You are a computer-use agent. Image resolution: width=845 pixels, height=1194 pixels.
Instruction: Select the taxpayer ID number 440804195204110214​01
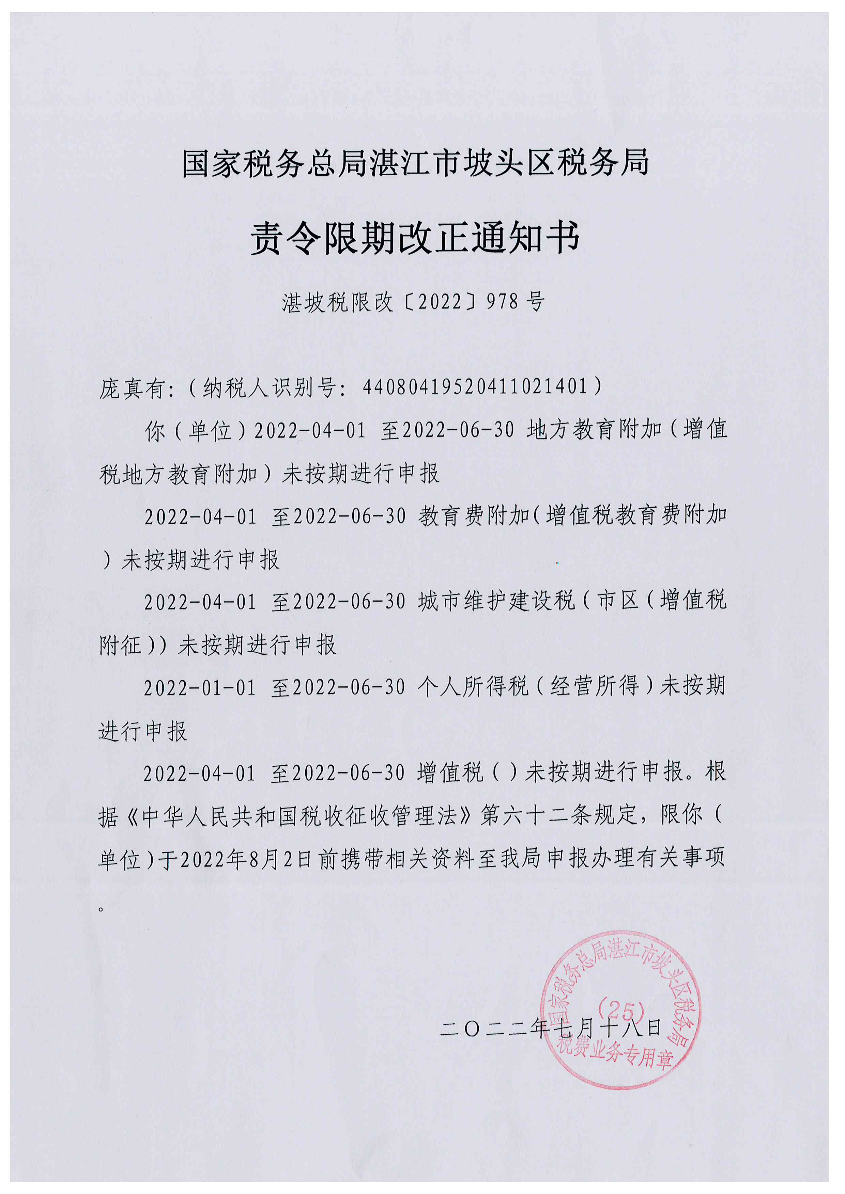[475, 386]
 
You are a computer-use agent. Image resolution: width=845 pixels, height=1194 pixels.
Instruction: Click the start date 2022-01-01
[199, 688]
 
